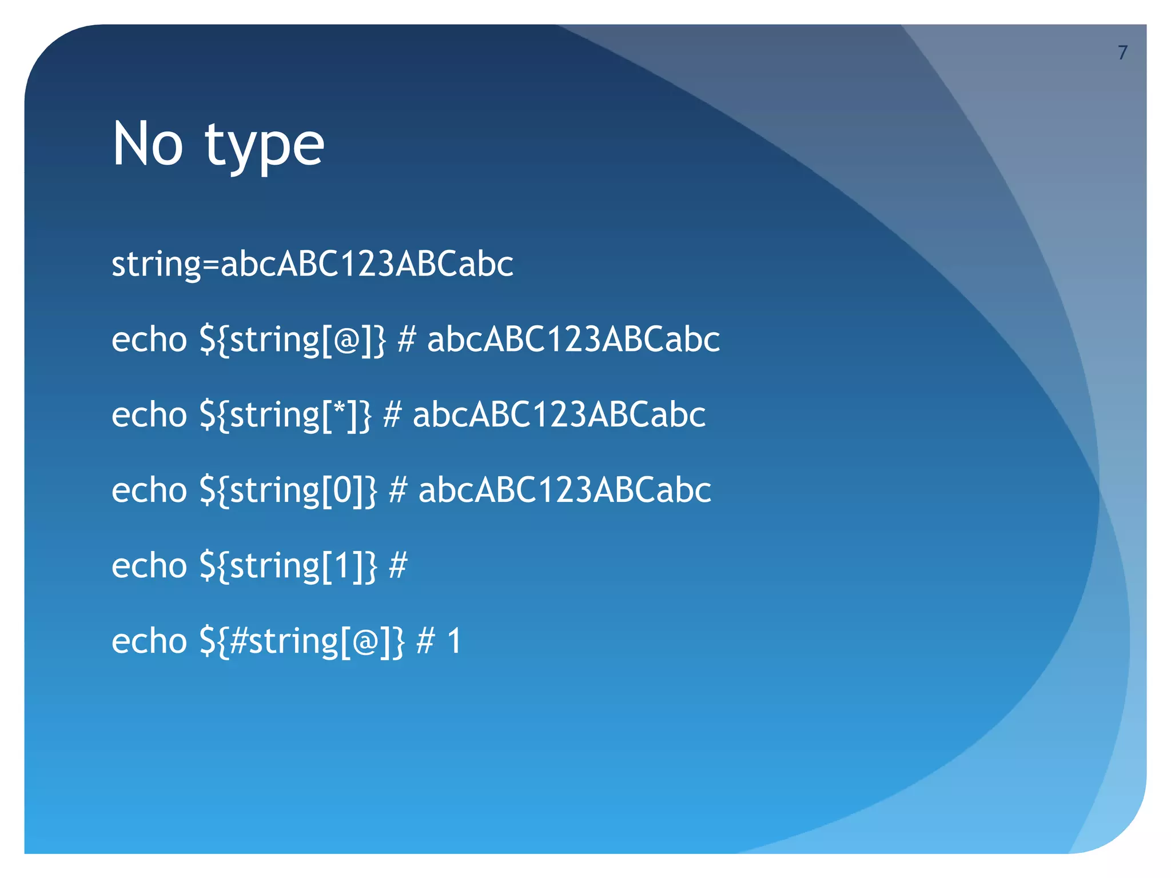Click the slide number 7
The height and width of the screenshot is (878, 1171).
[1122, 53]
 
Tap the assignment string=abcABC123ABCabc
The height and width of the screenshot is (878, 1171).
[312, 264]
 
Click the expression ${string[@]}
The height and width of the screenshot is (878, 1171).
[293, 340]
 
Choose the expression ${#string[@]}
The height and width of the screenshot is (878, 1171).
[302, 641]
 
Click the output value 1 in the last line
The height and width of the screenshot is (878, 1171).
[455, 641]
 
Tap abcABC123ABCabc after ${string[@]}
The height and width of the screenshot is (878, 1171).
[573, 340]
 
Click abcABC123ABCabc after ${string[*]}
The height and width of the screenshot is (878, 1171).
[559, 415]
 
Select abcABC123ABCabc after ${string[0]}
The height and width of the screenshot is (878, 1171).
[565, 490]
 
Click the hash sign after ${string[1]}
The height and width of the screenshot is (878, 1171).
[398, 566]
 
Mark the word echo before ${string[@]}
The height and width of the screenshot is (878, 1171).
[149, 340]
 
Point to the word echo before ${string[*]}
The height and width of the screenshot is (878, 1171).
[149, 415]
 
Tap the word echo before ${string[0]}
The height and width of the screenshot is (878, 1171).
[149, 490]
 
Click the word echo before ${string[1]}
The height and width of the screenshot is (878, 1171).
[149, 566]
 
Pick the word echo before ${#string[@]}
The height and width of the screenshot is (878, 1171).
[149, 641]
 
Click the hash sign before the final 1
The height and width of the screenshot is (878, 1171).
[425, 641]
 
